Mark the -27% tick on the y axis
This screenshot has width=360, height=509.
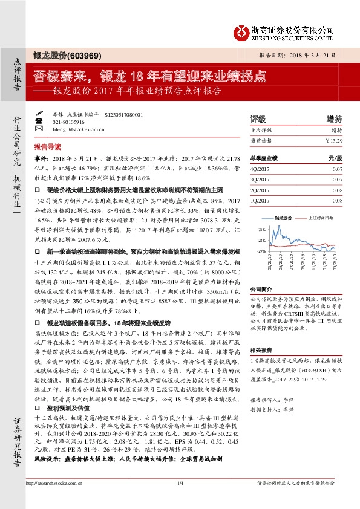pyautogui.click(x=261, y=250)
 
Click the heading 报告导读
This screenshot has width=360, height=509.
pyautogui.click(x=47, y=147)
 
